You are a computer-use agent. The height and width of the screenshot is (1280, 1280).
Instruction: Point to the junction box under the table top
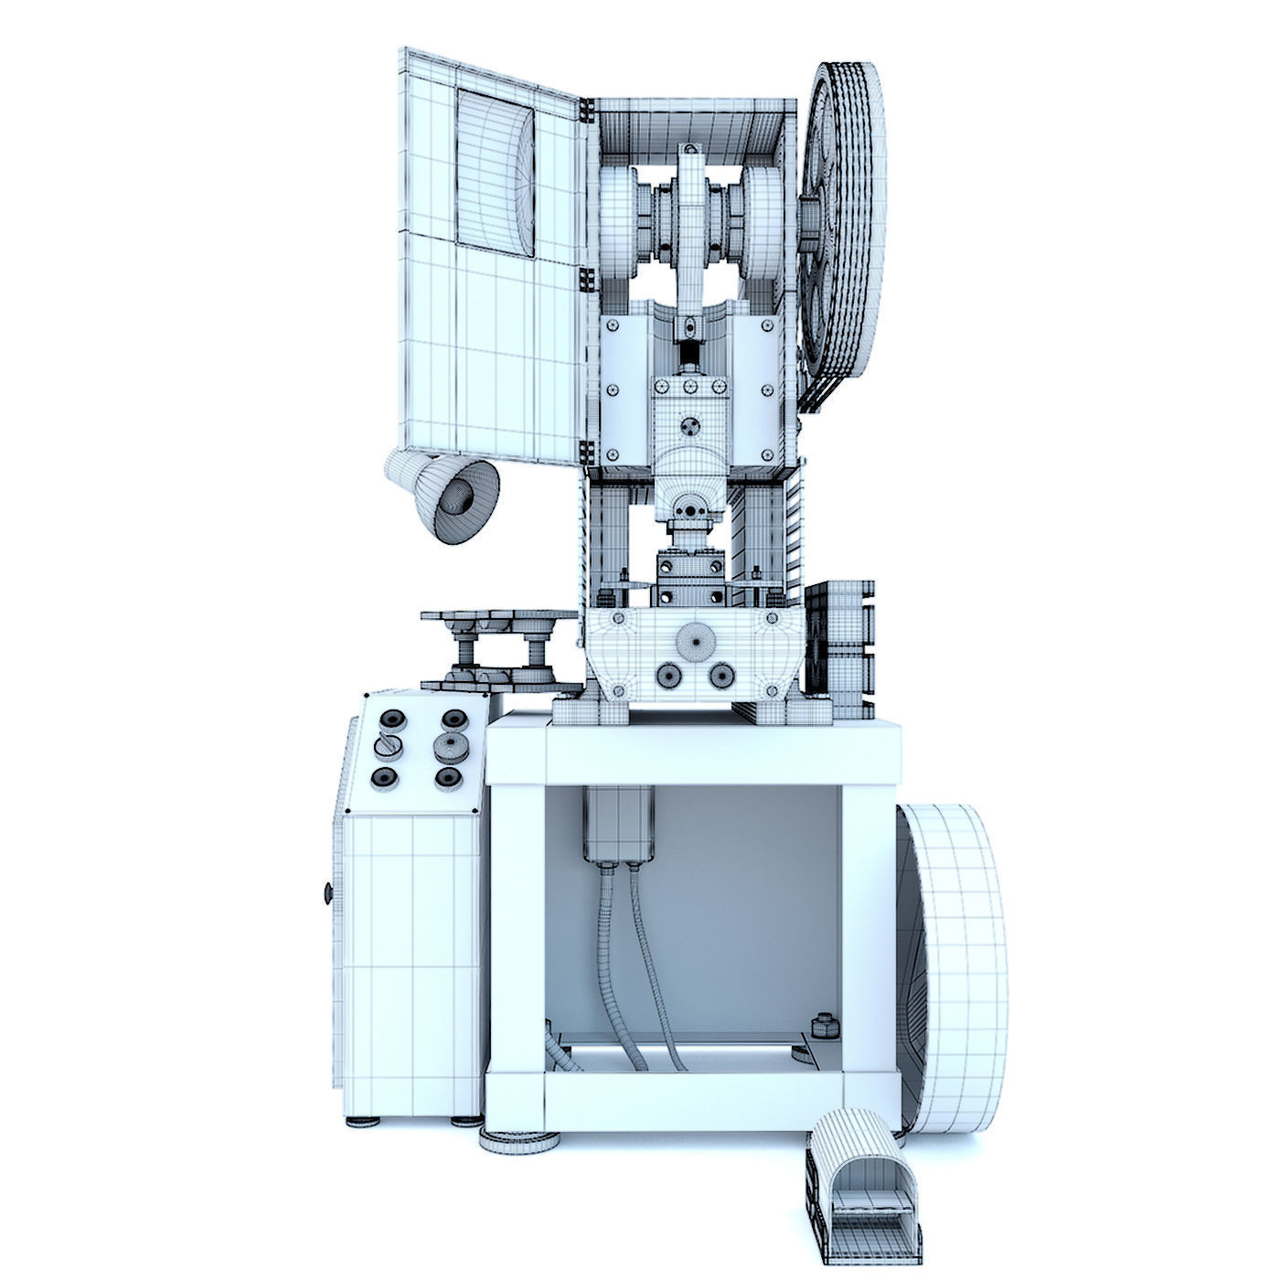[619, 823]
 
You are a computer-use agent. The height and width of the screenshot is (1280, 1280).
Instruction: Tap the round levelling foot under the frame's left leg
[519, 1141]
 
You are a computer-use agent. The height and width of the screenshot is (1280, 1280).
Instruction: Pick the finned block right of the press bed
[839, 645]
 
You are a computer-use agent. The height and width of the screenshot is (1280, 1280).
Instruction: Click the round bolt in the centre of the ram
[692, 425]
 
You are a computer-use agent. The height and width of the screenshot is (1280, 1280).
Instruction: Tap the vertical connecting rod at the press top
[692, 233]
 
